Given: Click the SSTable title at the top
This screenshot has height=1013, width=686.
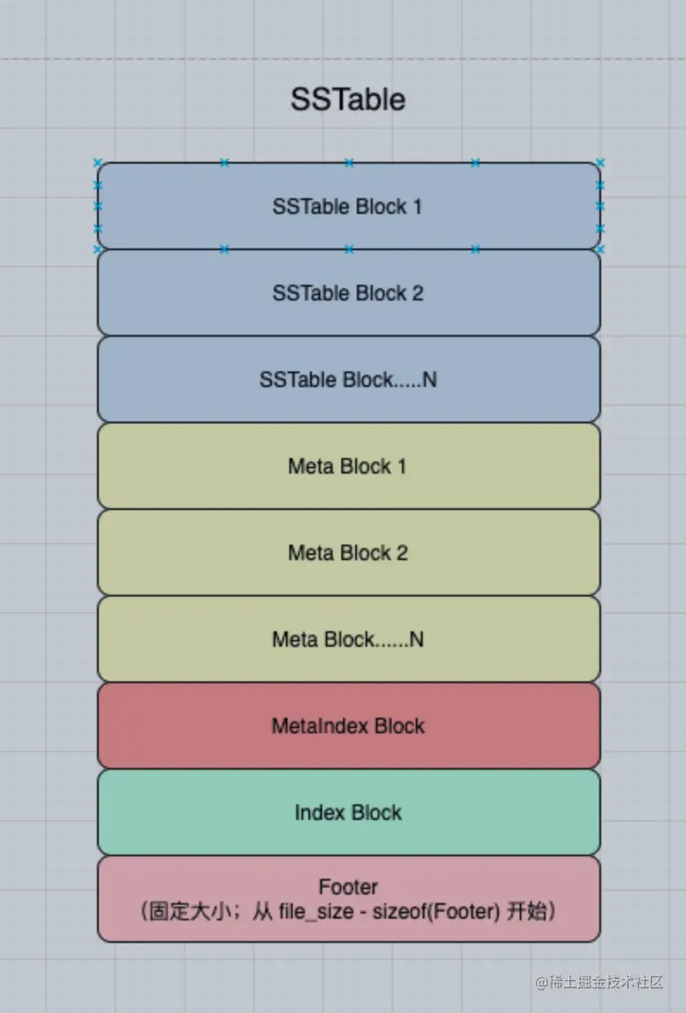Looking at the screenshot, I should tap(347, 100).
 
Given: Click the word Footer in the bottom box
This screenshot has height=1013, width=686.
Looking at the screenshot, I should tap(348, 887).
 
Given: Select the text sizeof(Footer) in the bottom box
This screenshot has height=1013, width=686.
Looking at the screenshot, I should tap(433, 912).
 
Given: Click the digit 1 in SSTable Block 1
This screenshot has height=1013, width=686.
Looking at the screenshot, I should tap(417, 207).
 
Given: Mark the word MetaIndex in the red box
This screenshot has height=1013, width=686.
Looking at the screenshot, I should tap(309, 726).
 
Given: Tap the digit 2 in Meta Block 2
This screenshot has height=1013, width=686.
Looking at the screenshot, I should tap(401, 552).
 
